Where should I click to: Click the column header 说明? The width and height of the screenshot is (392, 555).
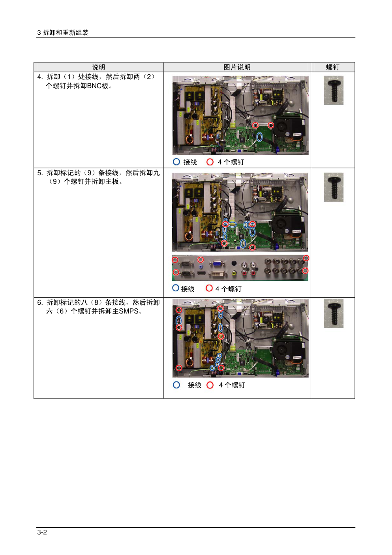click(x=98, y=67)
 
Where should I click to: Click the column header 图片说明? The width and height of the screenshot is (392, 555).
click(x=237, y=67)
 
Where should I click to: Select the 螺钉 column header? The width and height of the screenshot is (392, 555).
click(x=333, y=67)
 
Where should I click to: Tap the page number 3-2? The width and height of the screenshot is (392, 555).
click(x=42, y=532)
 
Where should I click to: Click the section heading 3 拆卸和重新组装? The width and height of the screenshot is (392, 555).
click(x=63, y=32)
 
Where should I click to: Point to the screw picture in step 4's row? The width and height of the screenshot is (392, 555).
click(x=333, y=90)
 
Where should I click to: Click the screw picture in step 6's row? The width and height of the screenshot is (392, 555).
click(x=333, y=313)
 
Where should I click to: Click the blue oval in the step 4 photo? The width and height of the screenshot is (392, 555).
click(x=259, y=137)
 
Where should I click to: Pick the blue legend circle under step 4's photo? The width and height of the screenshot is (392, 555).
click(x=176, y=162)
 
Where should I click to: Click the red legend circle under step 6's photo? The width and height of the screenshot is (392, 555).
click(x=210, y=385)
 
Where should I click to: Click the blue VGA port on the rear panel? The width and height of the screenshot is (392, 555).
click(x=217, y=264)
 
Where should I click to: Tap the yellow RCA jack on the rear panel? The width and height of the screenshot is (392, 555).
click(x=234, y=273)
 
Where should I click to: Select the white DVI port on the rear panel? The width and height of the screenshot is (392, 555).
click(x=218, y=274)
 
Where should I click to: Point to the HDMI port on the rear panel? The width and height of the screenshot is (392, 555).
click(x=201, y=273)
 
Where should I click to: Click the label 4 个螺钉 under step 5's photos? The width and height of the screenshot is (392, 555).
click(x=228, y=289)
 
